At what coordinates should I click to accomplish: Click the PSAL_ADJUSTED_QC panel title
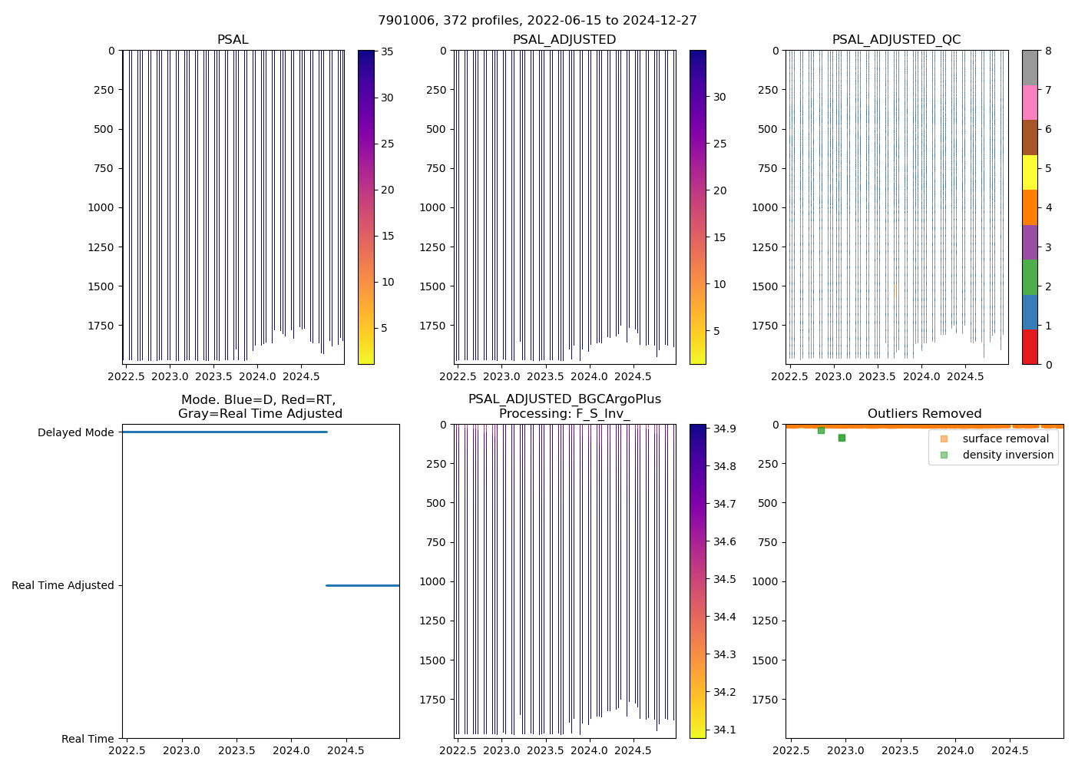pos(896,40)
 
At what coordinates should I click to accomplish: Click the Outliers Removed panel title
pos(925,414)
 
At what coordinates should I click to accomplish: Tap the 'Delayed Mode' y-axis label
pos(75,432)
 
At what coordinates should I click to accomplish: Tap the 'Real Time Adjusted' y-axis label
pos(62,585)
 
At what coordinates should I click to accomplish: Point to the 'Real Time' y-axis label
pos(88,739)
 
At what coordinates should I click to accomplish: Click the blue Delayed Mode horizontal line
pos(223,432)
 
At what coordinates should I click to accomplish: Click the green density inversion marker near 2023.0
pos(842,438)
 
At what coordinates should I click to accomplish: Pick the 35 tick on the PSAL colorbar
pos(387,51)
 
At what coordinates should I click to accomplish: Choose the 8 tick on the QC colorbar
pos(1048,51)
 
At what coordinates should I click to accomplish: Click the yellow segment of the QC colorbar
pos(1030,172)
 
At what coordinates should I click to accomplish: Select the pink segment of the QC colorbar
pos(1030,102)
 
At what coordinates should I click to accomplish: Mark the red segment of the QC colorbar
pos(1030,347)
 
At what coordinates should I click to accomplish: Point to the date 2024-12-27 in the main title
pos(663,21)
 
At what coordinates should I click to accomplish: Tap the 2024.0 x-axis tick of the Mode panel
pos(291,750)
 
